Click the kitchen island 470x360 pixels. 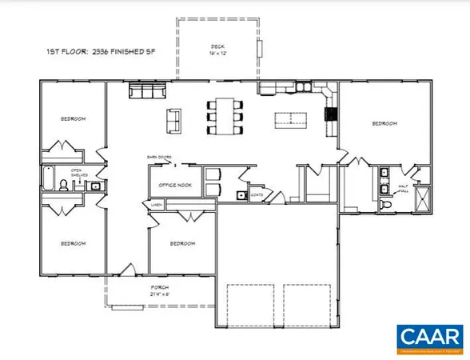289,120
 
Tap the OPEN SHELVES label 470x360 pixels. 77,172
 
